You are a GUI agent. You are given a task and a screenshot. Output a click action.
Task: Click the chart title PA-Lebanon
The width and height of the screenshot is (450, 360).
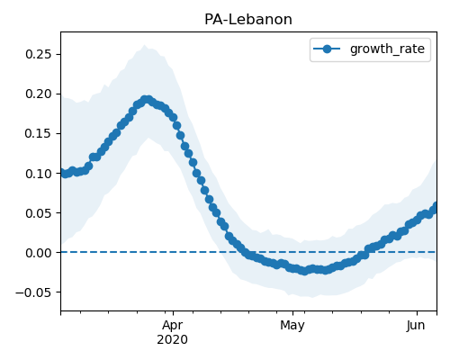tap(248, 20)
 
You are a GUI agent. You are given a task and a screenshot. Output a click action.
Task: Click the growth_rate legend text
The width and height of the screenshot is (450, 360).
tap(387, 49)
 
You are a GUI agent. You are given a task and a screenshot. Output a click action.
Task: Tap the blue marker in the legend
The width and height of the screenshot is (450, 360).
tap(327, 49)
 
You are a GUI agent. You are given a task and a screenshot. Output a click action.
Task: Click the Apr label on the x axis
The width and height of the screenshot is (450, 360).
tap(173, 326)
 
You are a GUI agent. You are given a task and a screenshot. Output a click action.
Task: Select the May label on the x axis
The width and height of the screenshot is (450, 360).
tap(292, 326)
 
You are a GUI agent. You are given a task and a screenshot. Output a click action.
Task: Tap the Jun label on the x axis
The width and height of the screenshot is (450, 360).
tap(416, 326)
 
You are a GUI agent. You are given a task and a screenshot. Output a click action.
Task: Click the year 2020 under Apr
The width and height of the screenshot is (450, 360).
tap(173, 339)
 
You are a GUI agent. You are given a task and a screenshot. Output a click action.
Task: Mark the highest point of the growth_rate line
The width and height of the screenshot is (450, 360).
tap(147, 100)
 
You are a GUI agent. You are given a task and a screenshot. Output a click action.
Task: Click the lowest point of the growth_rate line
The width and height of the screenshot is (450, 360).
tap(304, 271)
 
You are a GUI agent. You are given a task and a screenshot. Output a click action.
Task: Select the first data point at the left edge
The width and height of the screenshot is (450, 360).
tap(61, 173)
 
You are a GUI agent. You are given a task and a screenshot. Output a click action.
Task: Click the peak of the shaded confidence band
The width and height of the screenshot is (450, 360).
tap(145, 45)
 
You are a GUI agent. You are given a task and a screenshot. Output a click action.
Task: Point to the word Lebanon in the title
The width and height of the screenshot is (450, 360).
tap(258, 20)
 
